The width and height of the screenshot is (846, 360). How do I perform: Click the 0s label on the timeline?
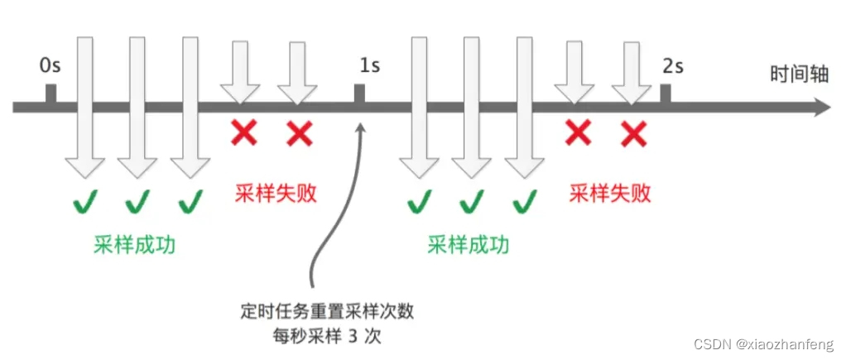point(50,65)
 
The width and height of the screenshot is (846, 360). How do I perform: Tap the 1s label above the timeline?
point(369,65)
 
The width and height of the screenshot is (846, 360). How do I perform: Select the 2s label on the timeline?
point(673,65)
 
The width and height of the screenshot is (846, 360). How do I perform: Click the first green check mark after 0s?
point(84,200)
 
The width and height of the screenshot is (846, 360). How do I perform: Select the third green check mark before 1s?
point(190,200)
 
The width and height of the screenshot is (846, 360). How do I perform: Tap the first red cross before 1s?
point(243,132)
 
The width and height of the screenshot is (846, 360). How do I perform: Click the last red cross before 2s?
point(633,132)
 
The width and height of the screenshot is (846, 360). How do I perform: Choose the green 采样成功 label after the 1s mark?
point(468,246)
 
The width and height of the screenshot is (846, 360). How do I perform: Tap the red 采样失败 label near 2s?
point(611,194)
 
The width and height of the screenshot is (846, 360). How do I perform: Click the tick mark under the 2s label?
point(666,94)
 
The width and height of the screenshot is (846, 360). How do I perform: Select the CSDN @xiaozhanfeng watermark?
point(765,343)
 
